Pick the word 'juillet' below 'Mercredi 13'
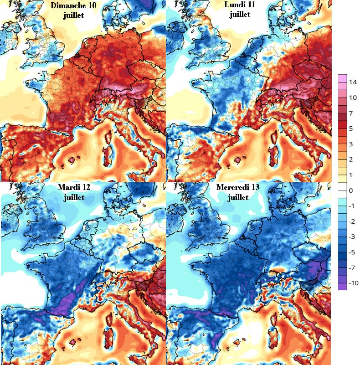238,197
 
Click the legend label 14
353,82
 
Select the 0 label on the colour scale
350,190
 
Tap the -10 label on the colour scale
353,283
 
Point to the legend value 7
350,113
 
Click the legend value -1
352,206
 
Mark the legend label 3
350,144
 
